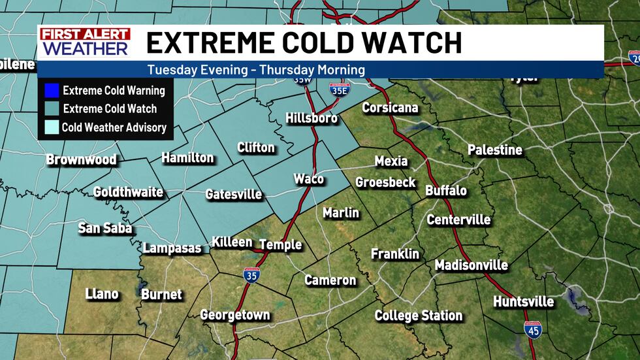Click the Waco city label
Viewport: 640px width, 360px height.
(x=308, y=179)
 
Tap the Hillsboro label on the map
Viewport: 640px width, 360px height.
(x=312, y=118)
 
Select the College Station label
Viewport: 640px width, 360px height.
(x=418, y=316)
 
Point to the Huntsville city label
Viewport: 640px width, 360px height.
(x=523, y=302)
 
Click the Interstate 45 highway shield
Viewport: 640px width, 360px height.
(x=532, y=331)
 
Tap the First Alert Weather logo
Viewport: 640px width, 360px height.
(x=84, y=43)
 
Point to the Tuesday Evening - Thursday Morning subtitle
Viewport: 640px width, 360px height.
(x=255, y=69)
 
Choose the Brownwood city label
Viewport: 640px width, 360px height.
(x=81, y=159)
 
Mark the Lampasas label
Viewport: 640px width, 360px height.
(x=172, y=248)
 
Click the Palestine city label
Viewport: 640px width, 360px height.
(x=494, y=150)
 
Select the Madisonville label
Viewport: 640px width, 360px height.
(x=471, y=265)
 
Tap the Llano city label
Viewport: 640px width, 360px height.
(x=102, y=294)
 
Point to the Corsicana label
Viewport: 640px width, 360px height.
(x=390, y=108)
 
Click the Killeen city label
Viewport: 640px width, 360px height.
(x=232, y=242)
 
